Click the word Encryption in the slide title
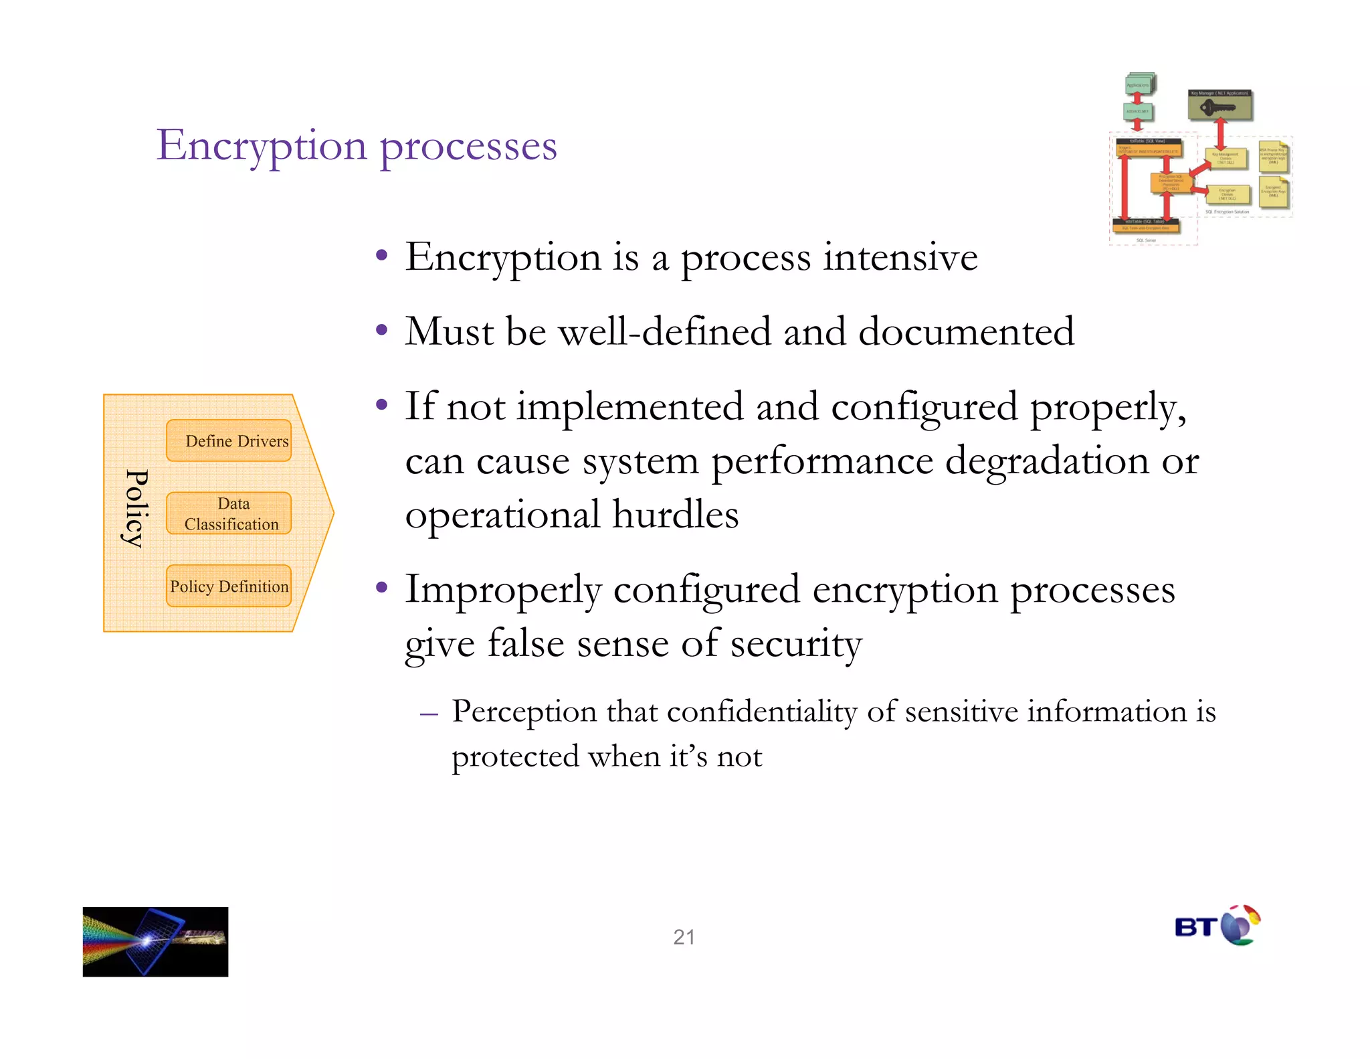pyautogui.click(x=262, y=146)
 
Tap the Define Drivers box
pyautogui.click(x=229, y=440)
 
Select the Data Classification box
pyautogui.click(x=229, y=513)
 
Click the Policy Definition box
pyautogui.click(x=229, y=586)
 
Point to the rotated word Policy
pyautogui.click(x=136, y=509)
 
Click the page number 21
pyautogui.click(x=684, y=936)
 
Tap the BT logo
pyautogui.click(x=1217, y=926)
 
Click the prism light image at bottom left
pyautogui.click(x=155, y=941)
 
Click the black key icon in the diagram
pyautogui.click(x=1217, y=107)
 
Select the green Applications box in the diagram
pyautogui.click(x=1138, y=85)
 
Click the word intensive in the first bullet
pyautogui.click(x=900, y=258)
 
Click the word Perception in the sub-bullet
pyautogui.click(x=524, y=712)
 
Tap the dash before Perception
pyautogui.click(x=429, y=714)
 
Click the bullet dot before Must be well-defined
pyautogui.click(x=381, y=330)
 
